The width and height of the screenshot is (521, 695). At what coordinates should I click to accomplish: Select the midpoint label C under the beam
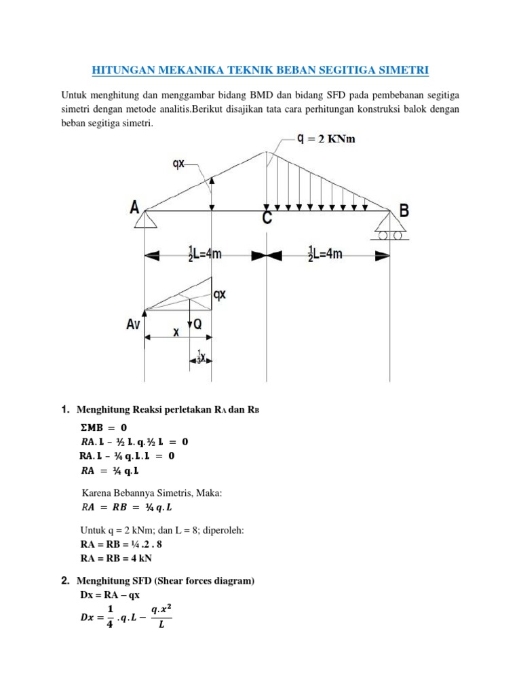[x=268, y=217]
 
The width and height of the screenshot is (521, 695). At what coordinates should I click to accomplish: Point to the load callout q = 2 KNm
[x=326, y=139]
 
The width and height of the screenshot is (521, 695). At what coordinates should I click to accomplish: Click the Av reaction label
[x=132, y=325]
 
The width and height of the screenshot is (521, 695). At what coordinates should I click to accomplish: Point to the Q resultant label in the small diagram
[x=197, y=325]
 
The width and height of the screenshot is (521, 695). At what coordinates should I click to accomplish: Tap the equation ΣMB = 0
[x=104, y=428]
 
